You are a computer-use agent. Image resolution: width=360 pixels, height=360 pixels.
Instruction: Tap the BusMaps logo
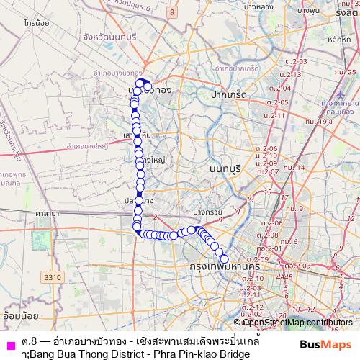pyautogui.click(x=325, y=343)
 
